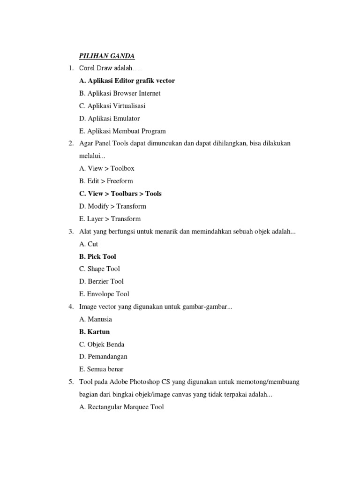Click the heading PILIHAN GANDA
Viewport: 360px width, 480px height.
pos(107,56)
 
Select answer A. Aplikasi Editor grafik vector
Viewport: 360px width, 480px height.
pos(127,81)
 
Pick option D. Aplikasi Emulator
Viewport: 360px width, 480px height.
pos(109,119)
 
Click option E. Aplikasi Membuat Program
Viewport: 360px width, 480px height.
pos(122,131)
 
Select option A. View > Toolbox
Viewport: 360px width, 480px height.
pos(107,168)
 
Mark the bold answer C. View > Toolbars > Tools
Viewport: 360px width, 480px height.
pos(120,194)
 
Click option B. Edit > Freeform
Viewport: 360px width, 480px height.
pos(106,181)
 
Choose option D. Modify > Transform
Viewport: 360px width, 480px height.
pos(112,206)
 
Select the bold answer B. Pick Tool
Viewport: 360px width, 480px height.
pos(97,256)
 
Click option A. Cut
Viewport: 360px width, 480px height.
pos(89,244)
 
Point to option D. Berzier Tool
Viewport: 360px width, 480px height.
pos(101,281)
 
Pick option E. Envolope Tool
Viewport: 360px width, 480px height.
pos(104,294)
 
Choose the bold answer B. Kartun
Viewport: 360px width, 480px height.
pos(94,332)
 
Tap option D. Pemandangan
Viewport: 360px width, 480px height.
pos(103,357)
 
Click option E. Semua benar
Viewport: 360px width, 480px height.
pos(101,369)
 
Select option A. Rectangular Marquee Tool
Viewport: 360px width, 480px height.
pos(121,407)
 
